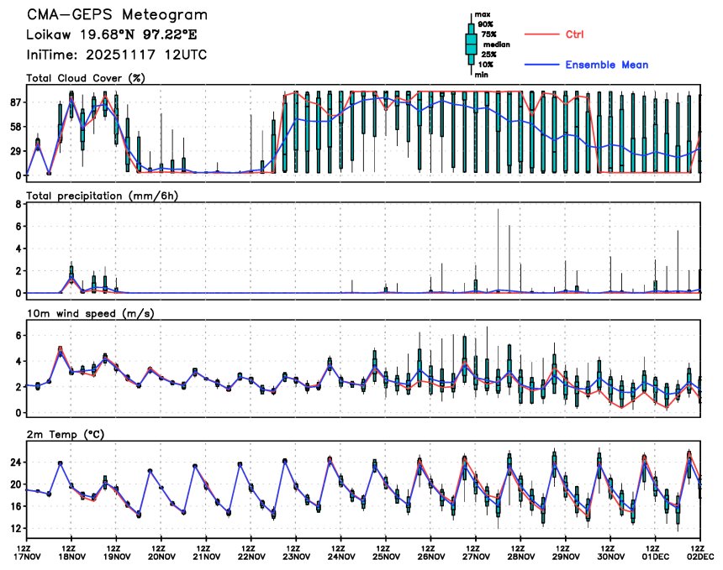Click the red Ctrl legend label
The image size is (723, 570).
[x=574, y=34]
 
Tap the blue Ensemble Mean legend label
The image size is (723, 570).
[x=606, y=65]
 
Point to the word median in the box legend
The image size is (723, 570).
[x=491, y=44]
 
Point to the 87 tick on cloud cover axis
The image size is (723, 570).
[x=14, y=102]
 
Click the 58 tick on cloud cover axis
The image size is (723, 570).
[x=14, y=127]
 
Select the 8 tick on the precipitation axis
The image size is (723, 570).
[x=18, y=204]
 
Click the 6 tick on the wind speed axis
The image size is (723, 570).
[x=18, y=335]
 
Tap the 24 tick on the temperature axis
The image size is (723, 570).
[x=14, y=462]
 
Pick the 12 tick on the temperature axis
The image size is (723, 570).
[x=14, y=529]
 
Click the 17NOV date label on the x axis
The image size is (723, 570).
[x=27, y=556]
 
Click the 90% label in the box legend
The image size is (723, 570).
[x=486, y=24]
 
